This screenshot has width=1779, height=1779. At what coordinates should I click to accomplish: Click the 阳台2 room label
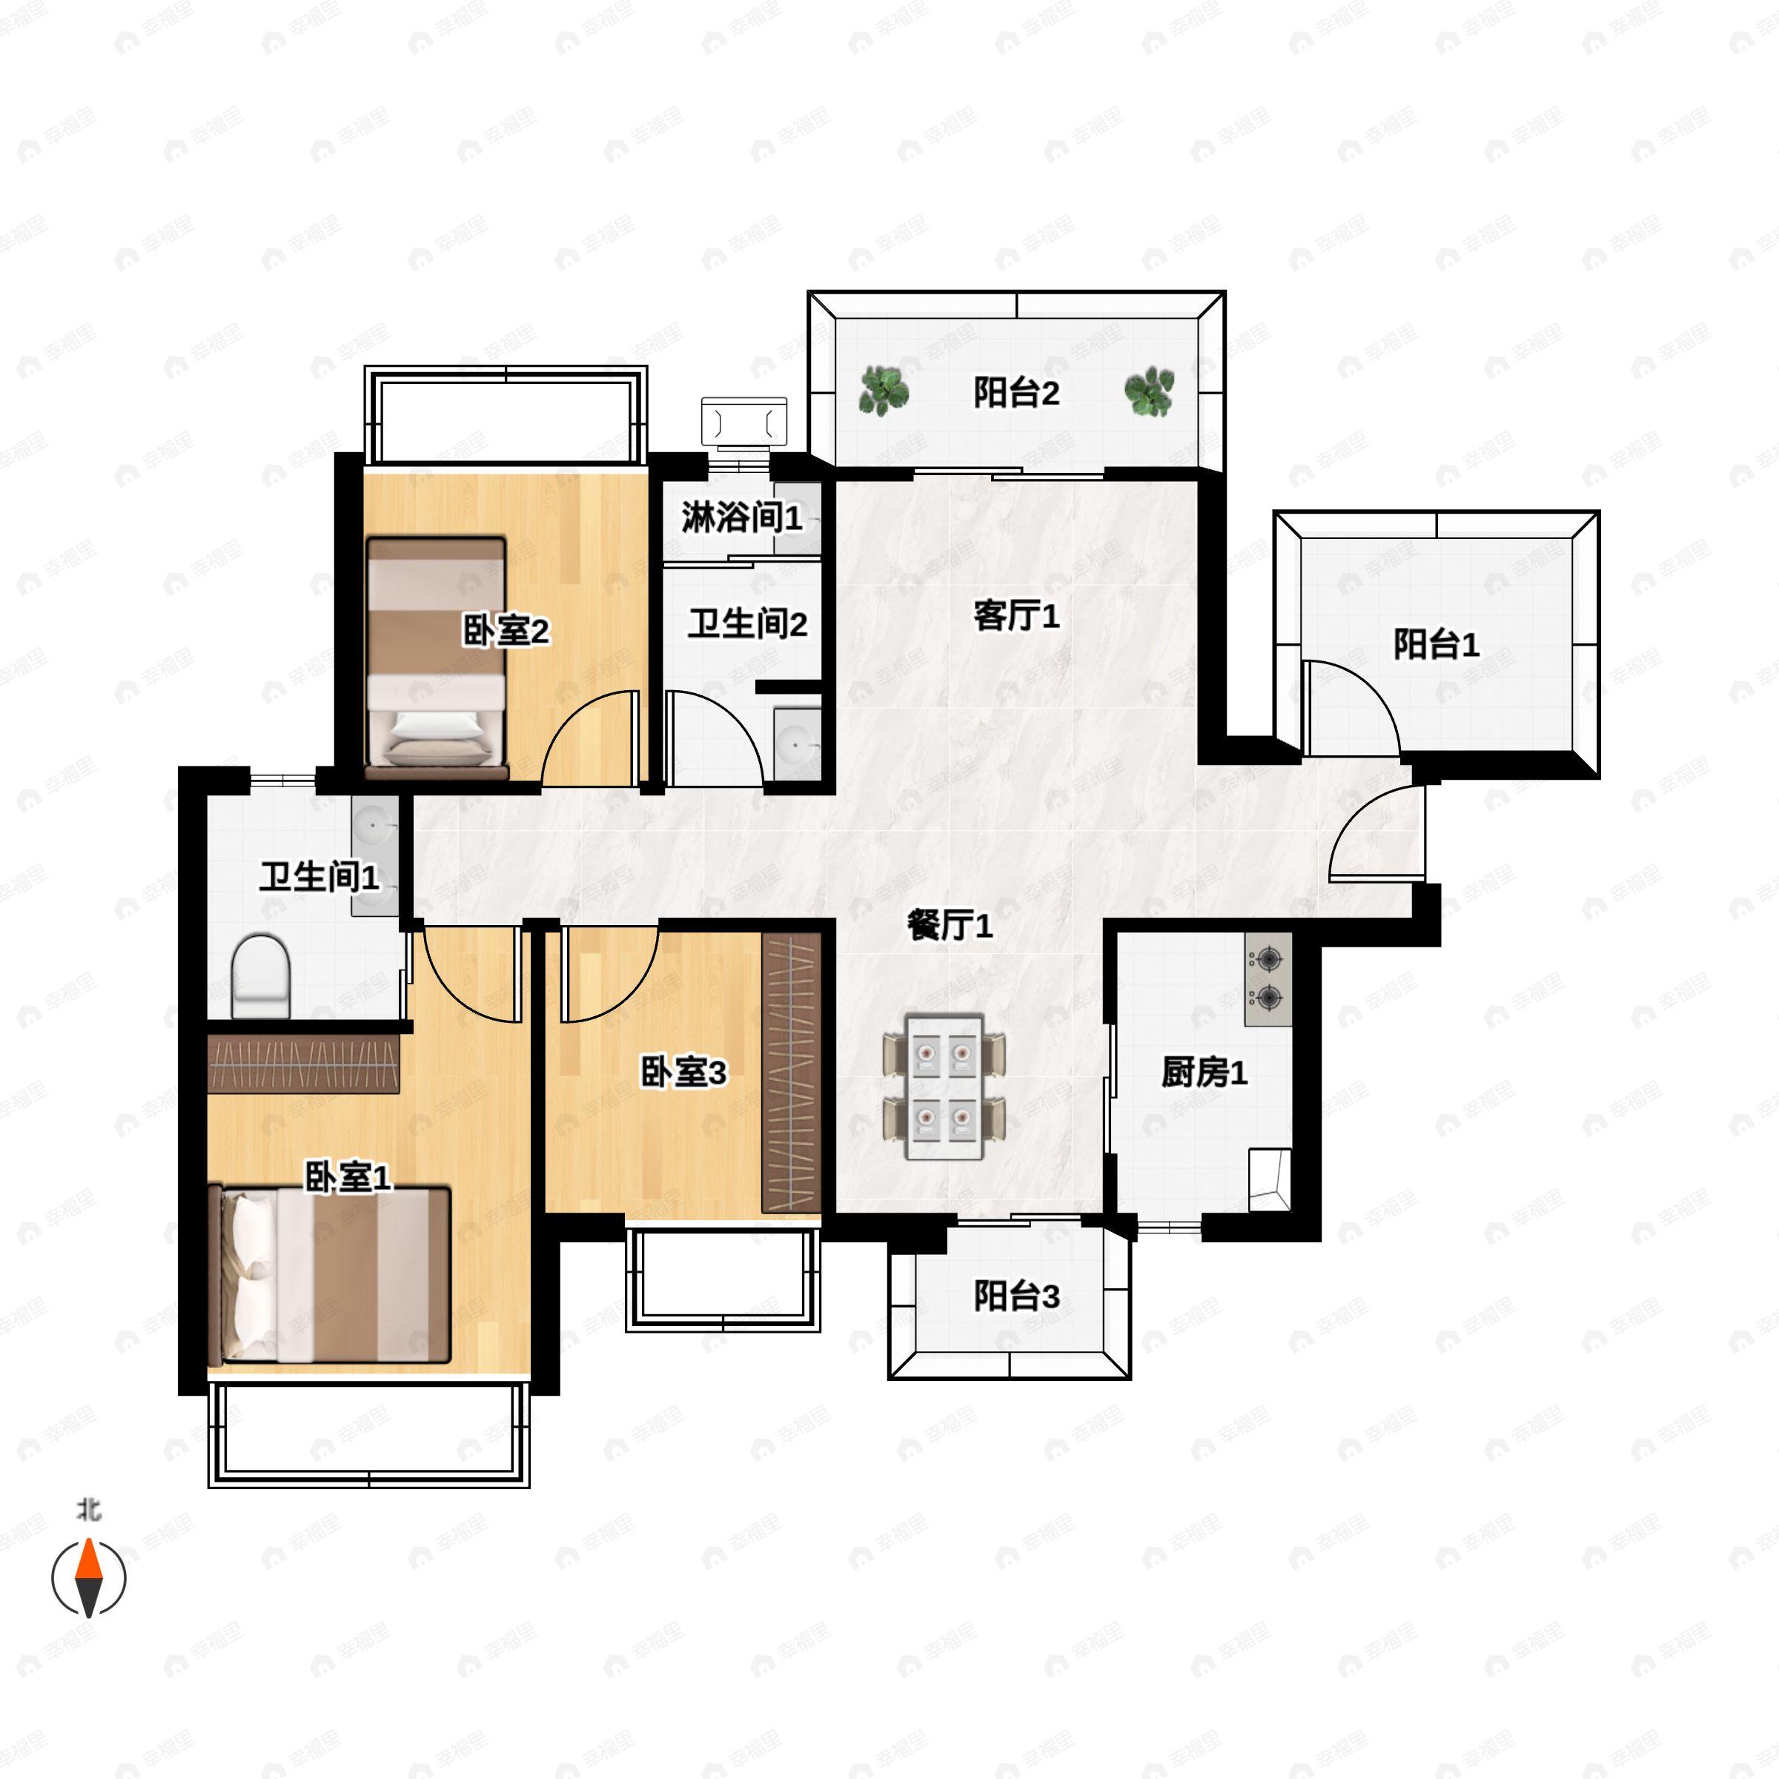point(1016,393)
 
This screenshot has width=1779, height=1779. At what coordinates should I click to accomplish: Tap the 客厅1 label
point(1016,616)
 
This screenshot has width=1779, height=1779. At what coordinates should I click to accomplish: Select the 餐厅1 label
point(950,925)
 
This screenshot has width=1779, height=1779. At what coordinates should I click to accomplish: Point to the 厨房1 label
point(1205,1072)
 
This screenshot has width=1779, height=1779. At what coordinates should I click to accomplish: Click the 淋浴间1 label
point(742,517)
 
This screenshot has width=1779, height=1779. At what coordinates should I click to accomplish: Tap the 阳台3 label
point(1016,1296)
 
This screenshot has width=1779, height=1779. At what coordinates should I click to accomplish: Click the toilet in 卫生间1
point(261,976)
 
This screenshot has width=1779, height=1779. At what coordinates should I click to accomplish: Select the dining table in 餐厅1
point(944,1087)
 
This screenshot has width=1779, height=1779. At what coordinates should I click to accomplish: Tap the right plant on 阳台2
point(1149,392)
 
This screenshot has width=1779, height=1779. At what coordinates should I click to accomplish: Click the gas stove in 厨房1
point(1268,978)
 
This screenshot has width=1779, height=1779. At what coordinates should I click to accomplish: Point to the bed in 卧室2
point(437,658)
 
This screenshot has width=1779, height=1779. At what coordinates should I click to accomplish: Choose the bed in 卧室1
point(330,1275)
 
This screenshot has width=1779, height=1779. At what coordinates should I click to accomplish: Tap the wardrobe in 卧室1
point(304,1064)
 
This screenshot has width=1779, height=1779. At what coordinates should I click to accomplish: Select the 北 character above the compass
point(88,1510)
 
